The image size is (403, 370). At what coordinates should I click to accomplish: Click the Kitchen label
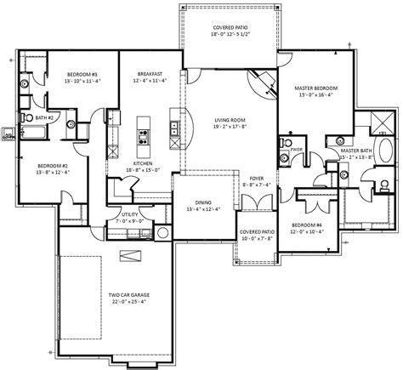tap(142, 164)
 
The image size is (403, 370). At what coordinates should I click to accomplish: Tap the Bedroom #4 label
tap(307, 225)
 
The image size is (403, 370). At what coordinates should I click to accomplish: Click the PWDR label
tap(298, 148)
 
